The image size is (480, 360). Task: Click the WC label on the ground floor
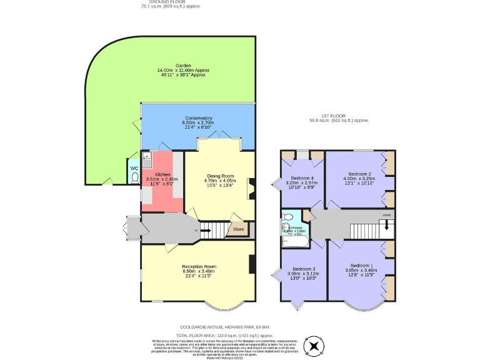coord(134,168)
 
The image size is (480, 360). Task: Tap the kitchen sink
coord(146,156)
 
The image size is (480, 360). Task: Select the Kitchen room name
coord(162,174)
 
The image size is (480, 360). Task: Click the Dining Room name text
coord(220,176)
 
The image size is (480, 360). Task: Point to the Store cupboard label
coord(238,229)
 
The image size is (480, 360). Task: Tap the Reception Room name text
coord(198,266)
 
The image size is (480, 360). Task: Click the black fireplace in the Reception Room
coord(252,265)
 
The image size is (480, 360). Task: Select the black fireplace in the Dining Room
coord(252,188)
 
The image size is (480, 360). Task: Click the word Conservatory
coord(198,118)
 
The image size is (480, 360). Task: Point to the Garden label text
coord(183,66)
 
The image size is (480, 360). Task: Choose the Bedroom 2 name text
coord(360,173)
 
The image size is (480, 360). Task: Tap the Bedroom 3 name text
coord(302,268)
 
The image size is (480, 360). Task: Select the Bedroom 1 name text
coord(361,265)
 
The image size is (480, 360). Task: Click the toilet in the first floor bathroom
coord(287,217)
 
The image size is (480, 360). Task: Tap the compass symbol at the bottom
coord(312,345)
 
